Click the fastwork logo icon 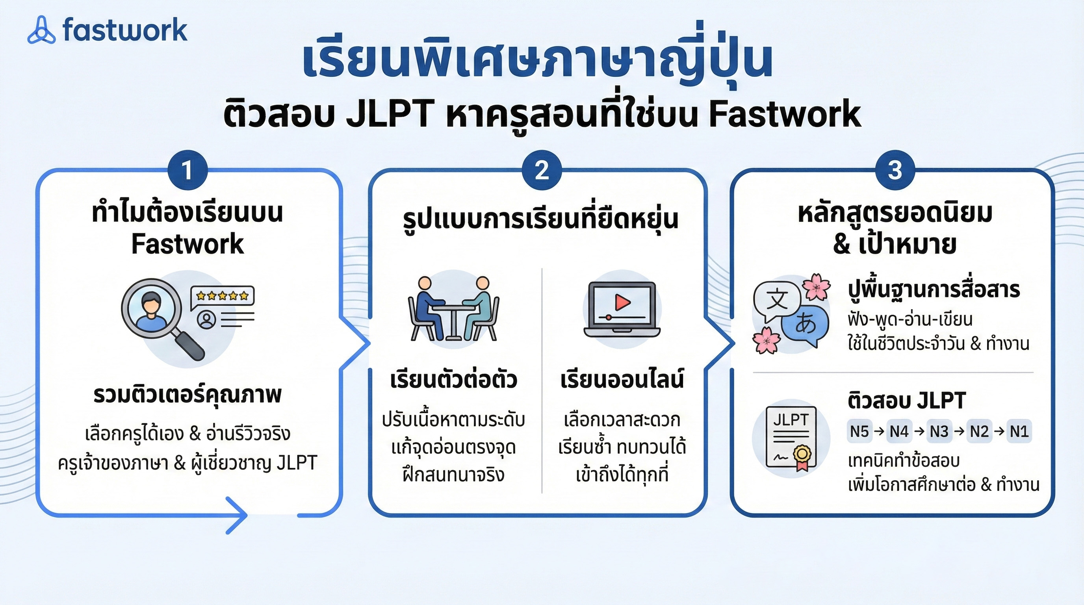[41, 30]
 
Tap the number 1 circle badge [187, 171]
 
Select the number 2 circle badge [542, 171]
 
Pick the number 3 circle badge [895, 171]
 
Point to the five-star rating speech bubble [222, 296]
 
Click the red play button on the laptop [622, 302]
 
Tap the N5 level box [859, 431]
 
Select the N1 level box [1019, 431]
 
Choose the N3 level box [939, 431]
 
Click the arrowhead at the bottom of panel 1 [238, 515]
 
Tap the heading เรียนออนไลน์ [622, 379]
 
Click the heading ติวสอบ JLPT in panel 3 [906, 401]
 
